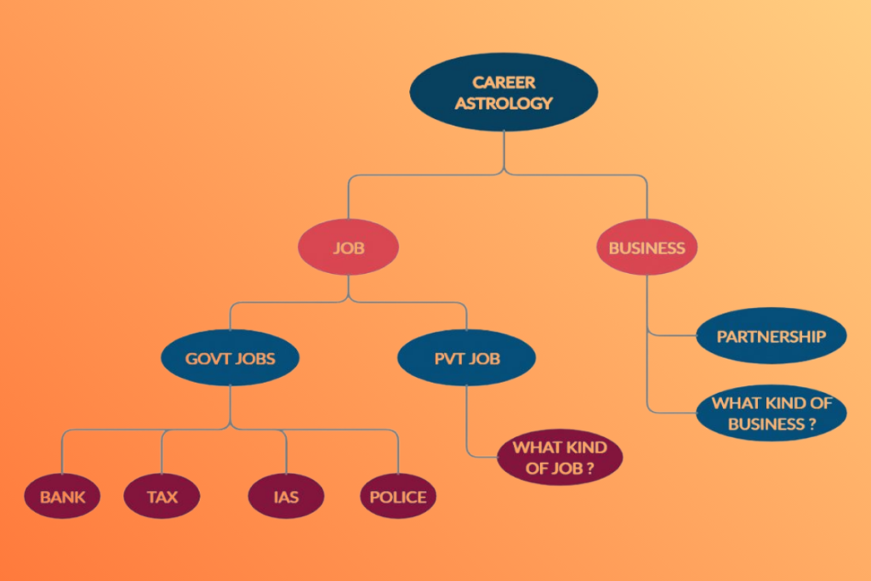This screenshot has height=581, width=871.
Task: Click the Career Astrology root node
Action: (504, 93)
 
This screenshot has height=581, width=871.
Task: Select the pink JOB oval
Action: (349, 248)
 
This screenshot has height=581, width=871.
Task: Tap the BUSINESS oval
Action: (646, 248)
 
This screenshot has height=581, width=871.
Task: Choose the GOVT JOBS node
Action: (231, 358)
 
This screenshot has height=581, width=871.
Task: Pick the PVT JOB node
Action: (466, 358)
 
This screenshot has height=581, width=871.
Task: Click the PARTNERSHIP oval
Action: (771, 336)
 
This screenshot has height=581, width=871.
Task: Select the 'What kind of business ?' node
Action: (771, 413)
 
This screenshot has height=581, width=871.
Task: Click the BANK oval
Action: (62, 496)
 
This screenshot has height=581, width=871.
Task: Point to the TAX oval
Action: (162, 496)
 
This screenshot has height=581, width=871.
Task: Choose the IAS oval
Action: (287, 496)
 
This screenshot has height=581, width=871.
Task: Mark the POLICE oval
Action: (398, 496)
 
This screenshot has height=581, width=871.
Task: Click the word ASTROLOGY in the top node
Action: (504, 104)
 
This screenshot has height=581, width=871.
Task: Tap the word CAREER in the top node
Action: (504, 83)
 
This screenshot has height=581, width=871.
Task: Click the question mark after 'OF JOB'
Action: (589, 468)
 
